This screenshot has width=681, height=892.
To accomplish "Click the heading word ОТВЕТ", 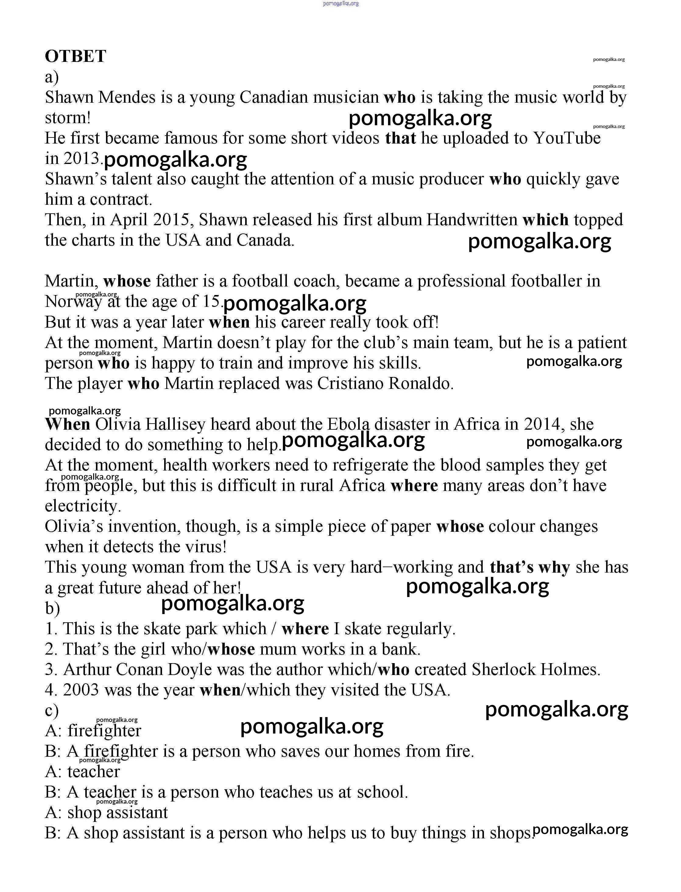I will coord(76,56).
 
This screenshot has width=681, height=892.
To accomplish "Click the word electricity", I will coord(83,506).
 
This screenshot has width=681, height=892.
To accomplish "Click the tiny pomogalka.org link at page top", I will coord(340,3).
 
